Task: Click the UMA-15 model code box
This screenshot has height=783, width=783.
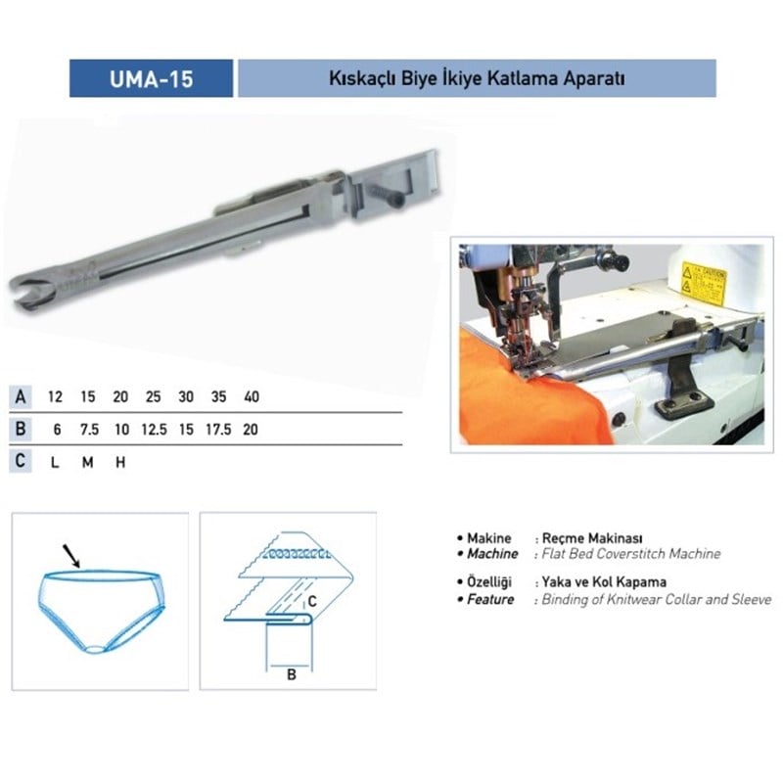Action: pyautogui.click(x=151, y=78)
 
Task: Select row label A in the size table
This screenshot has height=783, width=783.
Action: pyautogui.click(x=20, y=397)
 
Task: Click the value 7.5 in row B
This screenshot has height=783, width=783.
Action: pyautogui.click(x=91, y=429)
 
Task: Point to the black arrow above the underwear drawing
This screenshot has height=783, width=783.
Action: pyautogui.click(x=71, y=556)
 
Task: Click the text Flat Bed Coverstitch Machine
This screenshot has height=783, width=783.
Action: pyautogui.click(x=631, y=554)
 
